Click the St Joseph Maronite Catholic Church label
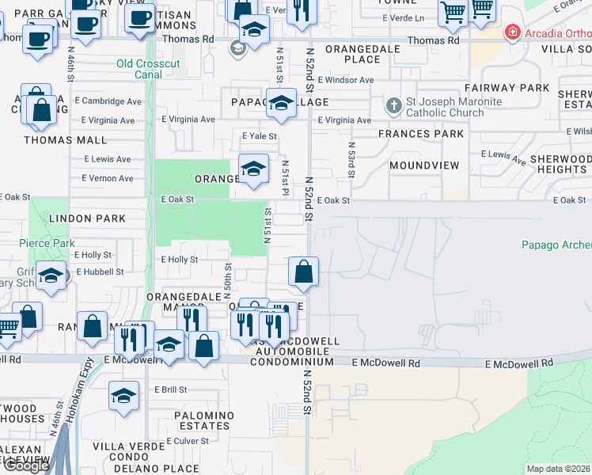[x=453, y=108]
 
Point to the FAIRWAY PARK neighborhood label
[x=507, y=87]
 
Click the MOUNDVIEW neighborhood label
[x=424, y=165]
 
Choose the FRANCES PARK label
[x=421, y=134]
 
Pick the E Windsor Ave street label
[x=345, y=80]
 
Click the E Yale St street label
[x=259, y=136]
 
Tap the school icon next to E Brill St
[x=123, y=397]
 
